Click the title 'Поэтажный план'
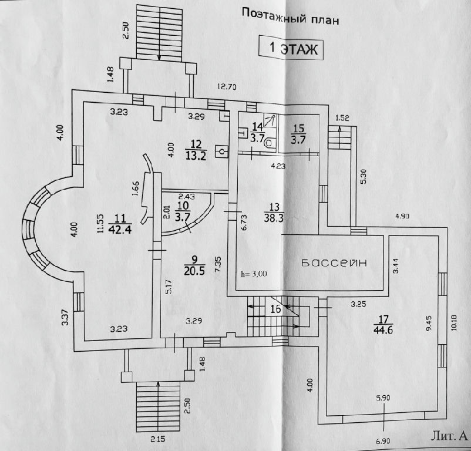point(290,17)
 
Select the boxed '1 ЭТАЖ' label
point(292,49)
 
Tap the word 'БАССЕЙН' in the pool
point(334,262)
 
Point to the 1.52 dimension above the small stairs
point(342,118)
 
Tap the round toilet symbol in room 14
point(269,142)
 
